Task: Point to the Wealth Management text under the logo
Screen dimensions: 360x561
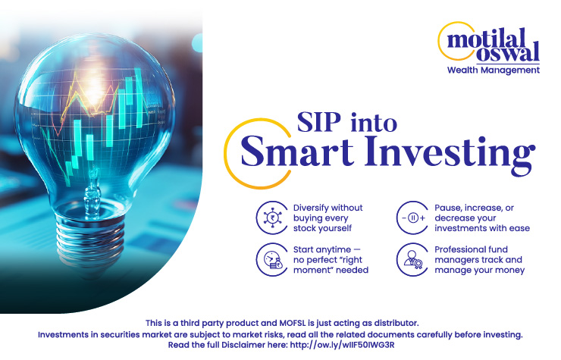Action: point(494,70)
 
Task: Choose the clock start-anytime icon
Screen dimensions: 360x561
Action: point(269,259)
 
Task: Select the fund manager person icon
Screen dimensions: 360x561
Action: point(412,259)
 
